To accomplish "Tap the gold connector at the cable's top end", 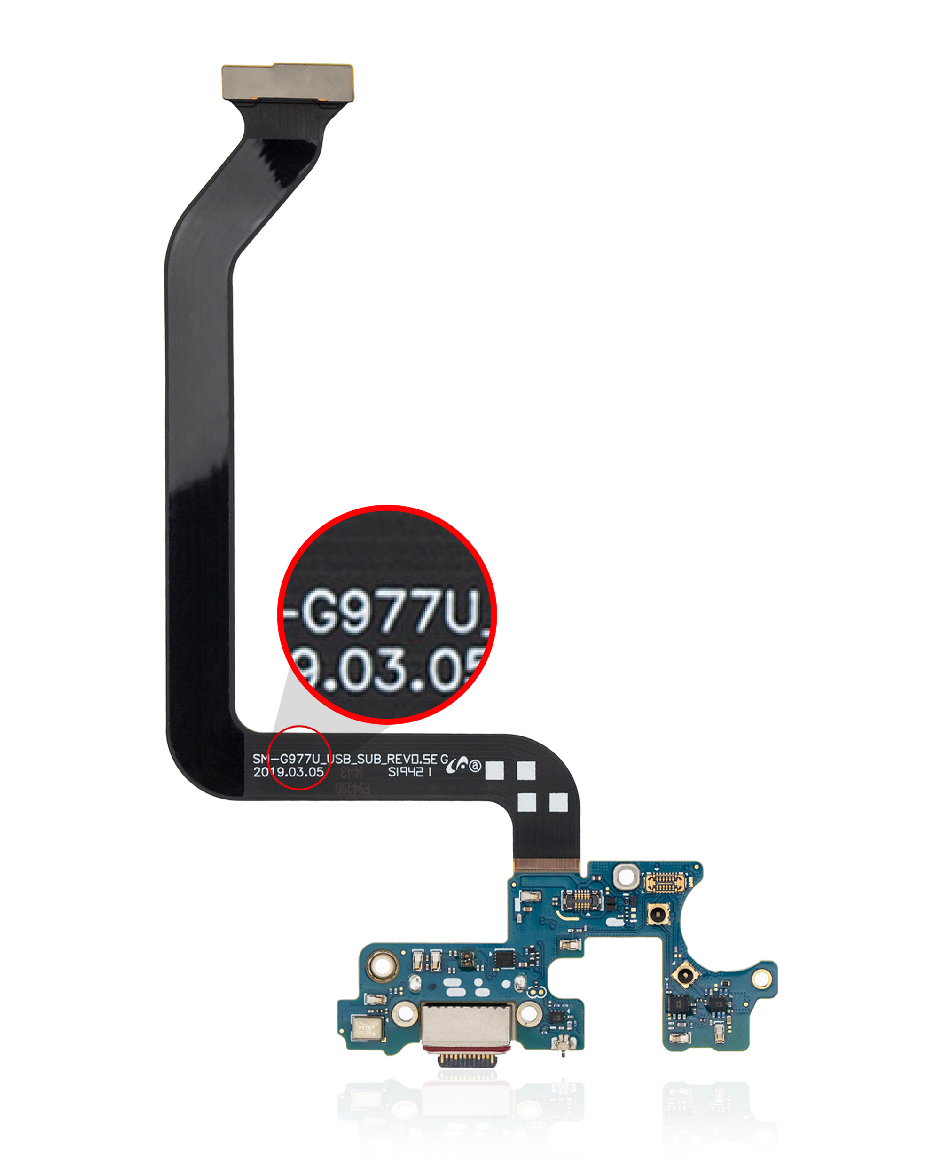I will coord(287,82).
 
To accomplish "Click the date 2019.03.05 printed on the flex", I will coord(288,772).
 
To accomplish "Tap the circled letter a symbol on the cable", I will coord(475,766).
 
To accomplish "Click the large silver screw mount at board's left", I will coord(383,966).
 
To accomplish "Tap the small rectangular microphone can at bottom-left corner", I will coord(368,1028).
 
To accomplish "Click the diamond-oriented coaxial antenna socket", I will coord(684,974).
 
